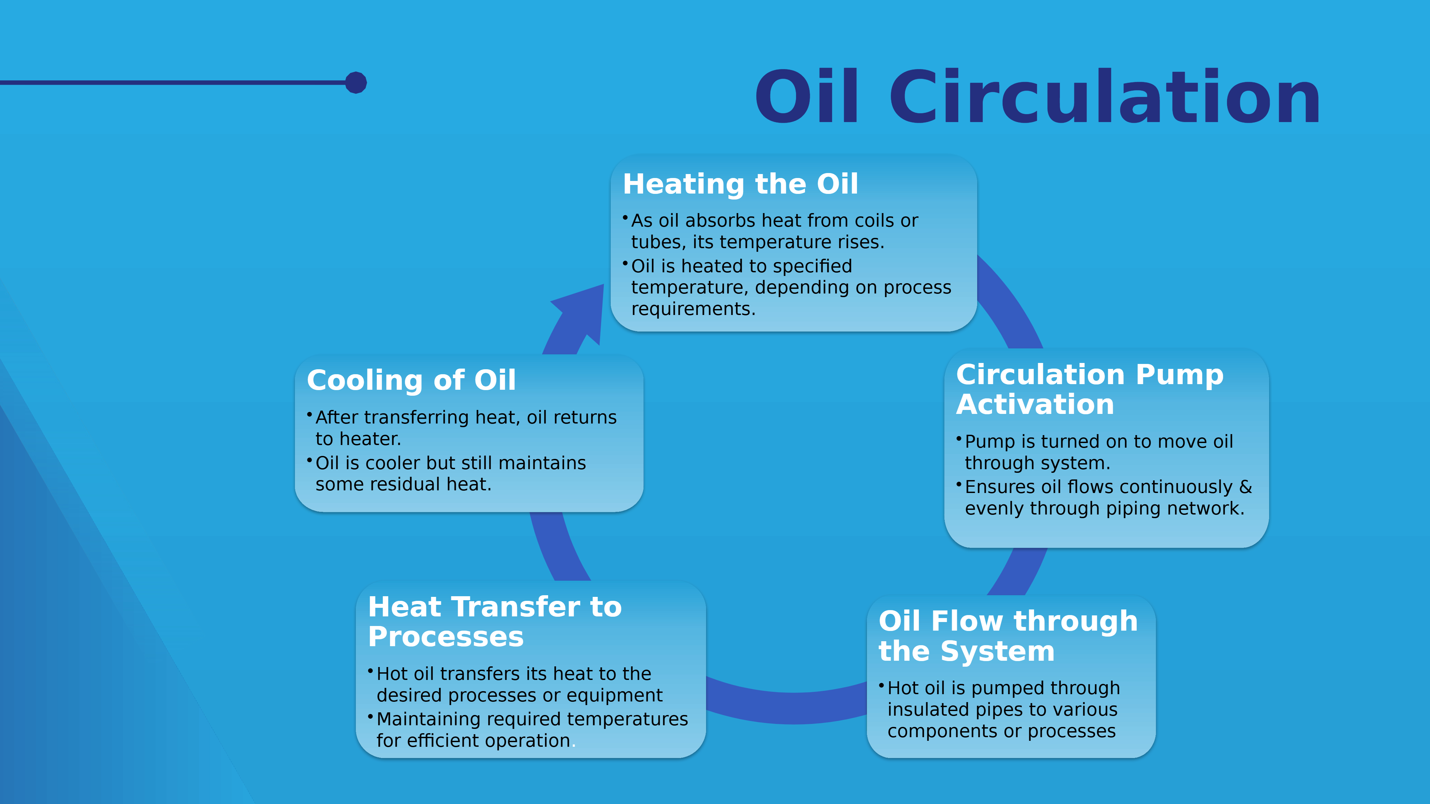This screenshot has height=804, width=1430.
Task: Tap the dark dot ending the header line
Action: pos(356,83)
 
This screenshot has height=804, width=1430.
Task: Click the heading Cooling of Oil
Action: pos(411,380)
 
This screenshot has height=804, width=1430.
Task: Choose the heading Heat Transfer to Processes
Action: pos(495,621)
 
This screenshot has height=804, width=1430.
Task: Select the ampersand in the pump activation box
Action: pos(1246,487)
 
